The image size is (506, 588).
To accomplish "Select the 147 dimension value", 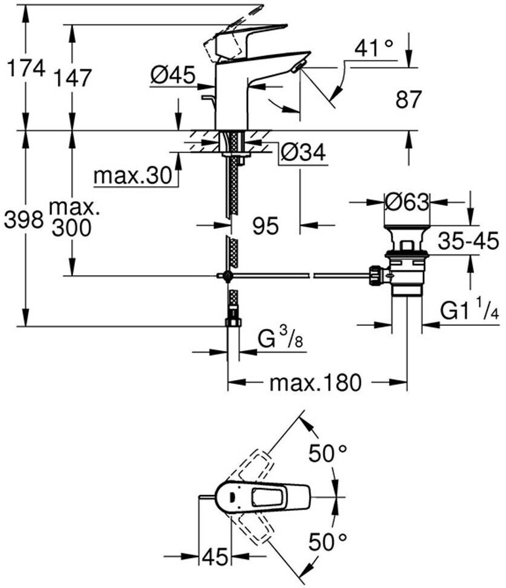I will (x=72, y=77).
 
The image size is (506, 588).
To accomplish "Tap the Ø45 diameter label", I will (x=172, y=75).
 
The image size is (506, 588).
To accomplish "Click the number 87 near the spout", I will (x=408, y=99).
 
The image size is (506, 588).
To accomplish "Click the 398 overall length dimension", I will (x=23, y=220).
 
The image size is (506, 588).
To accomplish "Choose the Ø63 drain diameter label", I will (x=407, y=202).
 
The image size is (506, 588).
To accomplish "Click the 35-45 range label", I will (x=468, y=242).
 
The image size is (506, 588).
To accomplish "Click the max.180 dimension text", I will (x=315, y=383).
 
